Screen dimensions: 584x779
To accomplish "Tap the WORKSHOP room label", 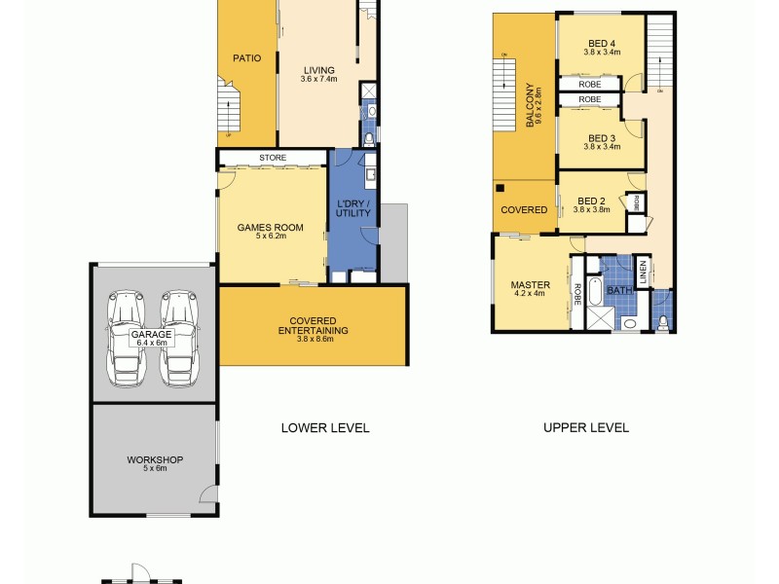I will pos(155,459).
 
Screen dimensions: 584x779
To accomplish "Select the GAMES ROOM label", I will pos(271,228).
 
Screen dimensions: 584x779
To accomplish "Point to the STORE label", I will pos(272,157).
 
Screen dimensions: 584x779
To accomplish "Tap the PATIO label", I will pos(246,58).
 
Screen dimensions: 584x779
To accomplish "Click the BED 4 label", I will pos(602,43).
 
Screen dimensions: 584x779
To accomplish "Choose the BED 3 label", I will pos(601,138).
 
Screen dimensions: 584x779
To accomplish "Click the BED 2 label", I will pos(590,201).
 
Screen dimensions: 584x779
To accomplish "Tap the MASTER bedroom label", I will pos(531,285).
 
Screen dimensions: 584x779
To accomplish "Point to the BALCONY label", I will pos(532,105).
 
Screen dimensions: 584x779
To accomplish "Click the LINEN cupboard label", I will pos(644,267).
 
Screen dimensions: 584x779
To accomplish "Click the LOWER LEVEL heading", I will pos(325,427).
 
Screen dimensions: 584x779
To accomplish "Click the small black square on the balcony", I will pos(500,187).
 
